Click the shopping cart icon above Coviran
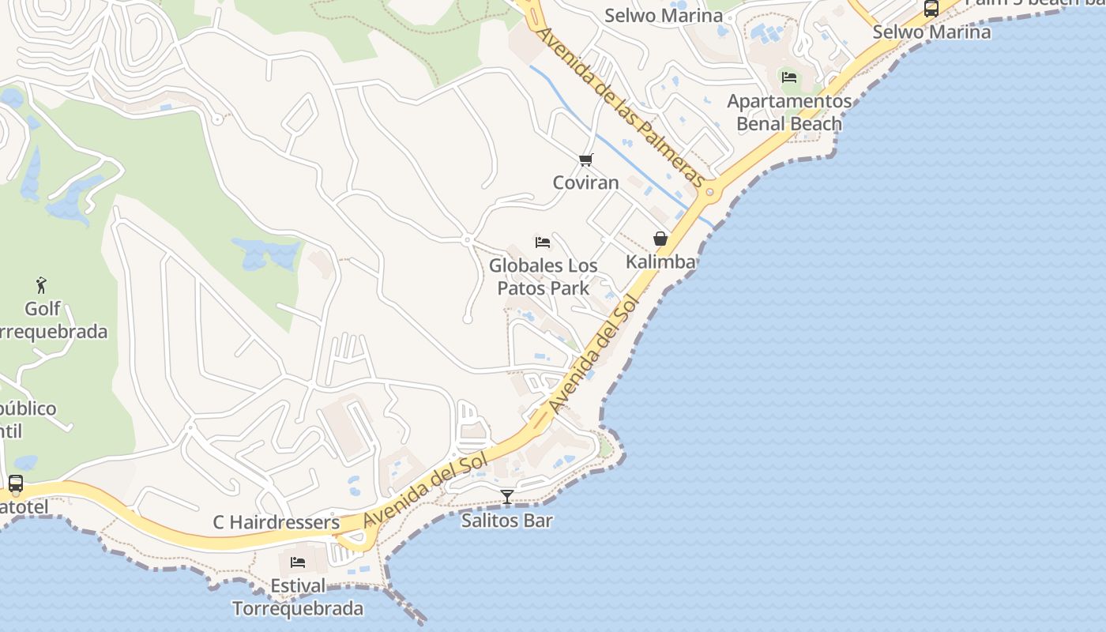coord(585,160)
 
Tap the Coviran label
coord(585,182)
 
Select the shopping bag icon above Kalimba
coord(660,239)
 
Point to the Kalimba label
coord(660,261)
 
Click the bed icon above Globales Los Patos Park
coord(543,242)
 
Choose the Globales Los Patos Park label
coord(543,276)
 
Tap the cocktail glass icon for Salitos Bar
coord(507,497)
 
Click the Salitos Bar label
coord(507,521)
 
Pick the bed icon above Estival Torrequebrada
coord(298,562)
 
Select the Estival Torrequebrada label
coord(298,597)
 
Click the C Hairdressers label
coord(276,522)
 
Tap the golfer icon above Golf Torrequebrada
coord(42,284)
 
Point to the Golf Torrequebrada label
coord(47,320)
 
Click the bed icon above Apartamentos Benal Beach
coord(788,77)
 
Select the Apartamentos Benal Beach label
coord(789,112)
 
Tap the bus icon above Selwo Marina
coord(931,9)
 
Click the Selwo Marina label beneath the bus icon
coord(931,32)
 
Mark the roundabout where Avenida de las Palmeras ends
coord(709,191)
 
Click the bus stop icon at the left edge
coord(15,483)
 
